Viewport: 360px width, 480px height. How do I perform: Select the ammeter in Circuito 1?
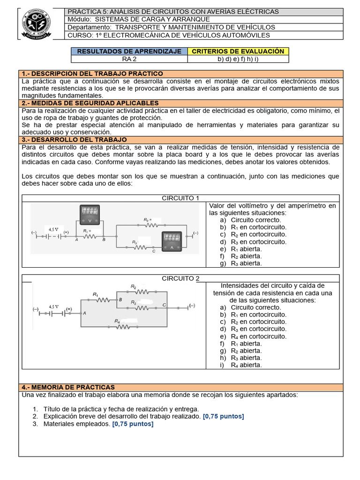coord(172,240)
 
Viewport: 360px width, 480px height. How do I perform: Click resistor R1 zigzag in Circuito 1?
coord(90,237)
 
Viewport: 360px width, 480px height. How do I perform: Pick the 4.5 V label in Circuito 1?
coord(53,229)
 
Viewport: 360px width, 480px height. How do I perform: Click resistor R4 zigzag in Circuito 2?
coord(123,327)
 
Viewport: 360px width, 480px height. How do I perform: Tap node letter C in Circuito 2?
coord(164,305)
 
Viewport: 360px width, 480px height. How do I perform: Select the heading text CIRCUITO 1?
coord(180,198)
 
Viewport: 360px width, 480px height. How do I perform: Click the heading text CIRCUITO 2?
coord(180,278)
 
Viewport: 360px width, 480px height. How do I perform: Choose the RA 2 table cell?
coord(129,59)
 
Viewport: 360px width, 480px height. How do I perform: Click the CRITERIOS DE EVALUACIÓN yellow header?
coord(238,51)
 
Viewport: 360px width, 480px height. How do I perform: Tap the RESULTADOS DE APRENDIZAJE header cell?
coord(129,51)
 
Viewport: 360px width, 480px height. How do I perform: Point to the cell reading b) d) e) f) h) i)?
coord(238,59)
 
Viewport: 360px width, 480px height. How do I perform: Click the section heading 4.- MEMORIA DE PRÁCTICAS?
coord(68,387)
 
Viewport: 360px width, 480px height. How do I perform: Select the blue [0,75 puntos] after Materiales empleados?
coord(133,424)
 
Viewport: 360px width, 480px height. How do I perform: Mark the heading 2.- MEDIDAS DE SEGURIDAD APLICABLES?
coord(90,103)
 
